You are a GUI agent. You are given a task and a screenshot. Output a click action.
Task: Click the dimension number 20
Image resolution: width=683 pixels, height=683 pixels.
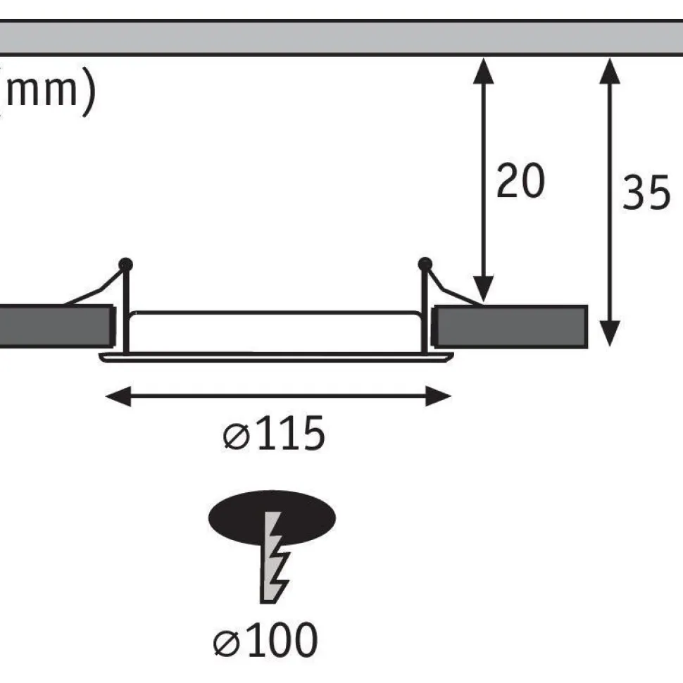tap(520, 180)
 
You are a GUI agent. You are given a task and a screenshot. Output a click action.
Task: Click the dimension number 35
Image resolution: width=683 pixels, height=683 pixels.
tap(646, 192)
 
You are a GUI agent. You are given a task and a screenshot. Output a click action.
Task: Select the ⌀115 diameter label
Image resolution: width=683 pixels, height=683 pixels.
tap(273, 434)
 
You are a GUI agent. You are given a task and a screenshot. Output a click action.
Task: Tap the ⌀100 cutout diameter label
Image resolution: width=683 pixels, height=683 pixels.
tap(265, 639)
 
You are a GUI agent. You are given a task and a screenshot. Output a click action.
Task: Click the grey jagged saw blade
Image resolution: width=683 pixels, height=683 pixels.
tap(274, 558)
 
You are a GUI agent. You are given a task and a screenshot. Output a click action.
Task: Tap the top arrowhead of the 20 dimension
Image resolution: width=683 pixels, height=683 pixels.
tap(484, 70)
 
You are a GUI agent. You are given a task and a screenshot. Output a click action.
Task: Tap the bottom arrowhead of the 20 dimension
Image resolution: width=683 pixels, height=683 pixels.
tap(484, 289)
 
